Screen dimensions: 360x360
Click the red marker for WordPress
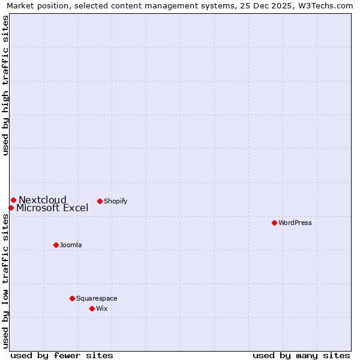(x=274, y=223)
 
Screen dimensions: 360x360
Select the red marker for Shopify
(x=100, y=201)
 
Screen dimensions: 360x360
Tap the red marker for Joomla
(x=56, y=245)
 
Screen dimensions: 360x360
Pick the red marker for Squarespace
(x=72, y=298)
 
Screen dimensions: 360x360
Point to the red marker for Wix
(x=92, y=308)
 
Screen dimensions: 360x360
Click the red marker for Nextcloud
(x=13, y=200)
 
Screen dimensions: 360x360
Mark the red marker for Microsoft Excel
(x=11, y=208)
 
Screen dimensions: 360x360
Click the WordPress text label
(x=295, y=223)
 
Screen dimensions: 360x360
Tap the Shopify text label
(x=116, y=201)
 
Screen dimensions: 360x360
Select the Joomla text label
(x=71, y=245)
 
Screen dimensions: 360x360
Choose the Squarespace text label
(x=97, y=298)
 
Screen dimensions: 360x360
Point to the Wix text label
(x=102, y=308)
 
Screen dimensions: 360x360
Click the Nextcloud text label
(x=43, y=200)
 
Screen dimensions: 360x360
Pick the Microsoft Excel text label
(x=52, y=208)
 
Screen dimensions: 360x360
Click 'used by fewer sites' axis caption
(x=62, y=355)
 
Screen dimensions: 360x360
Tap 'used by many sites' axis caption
(x=301, y=355)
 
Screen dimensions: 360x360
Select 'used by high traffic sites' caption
(x=5, y=85)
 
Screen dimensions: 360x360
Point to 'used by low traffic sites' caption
(x=5, y=281)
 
